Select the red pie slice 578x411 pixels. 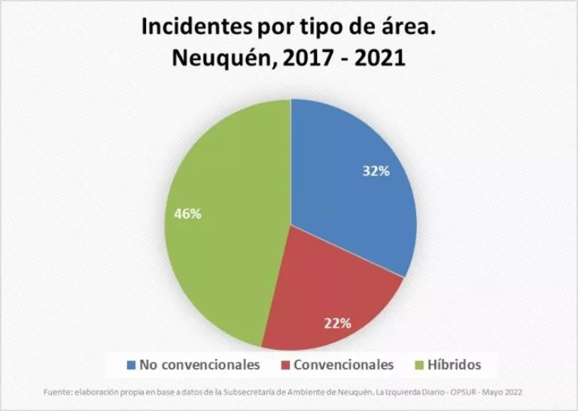point(331,301)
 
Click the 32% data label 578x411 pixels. point(376,171)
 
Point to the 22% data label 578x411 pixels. point(339,324)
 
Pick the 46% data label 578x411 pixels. point(187,214)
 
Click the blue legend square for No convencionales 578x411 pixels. point(132,365)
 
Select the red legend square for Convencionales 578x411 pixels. point(285,365)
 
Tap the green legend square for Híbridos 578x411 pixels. point(421,365)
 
